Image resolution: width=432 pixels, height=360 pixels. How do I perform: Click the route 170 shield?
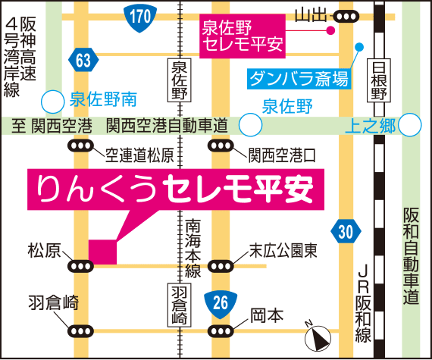pyautogui.click(x=137, y=15)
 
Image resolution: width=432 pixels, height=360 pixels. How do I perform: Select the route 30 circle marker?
pyautogui.click(x=346, y=231)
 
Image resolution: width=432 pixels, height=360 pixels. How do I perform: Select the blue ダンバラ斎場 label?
pyautogui.click(x=299, y=77)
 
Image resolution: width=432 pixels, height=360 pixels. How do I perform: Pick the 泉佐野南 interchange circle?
pyautogui.click(x=52, y=100)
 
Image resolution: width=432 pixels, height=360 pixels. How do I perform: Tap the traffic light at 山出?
pyautogui.click(x=347, y=16)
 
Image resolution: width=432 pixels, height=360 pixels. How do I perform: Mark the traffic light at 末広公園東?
pyautogui.click(x=221, y=265)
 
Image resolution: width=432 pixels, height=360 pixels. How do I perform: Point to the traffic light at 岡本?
pyautogui.click(x=221, y=330)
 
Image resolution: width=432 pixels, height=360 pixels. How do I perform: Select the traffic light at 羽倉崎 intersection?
pyautogui.click(x=80, y=330)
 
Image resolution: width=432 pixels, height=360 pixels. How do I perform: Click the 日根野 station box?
pyautogui.click(x=380, y=82)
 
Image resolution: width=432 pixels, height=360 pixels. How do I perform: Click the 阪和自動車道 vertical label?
pyautogui.click(x=412, y=258)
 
